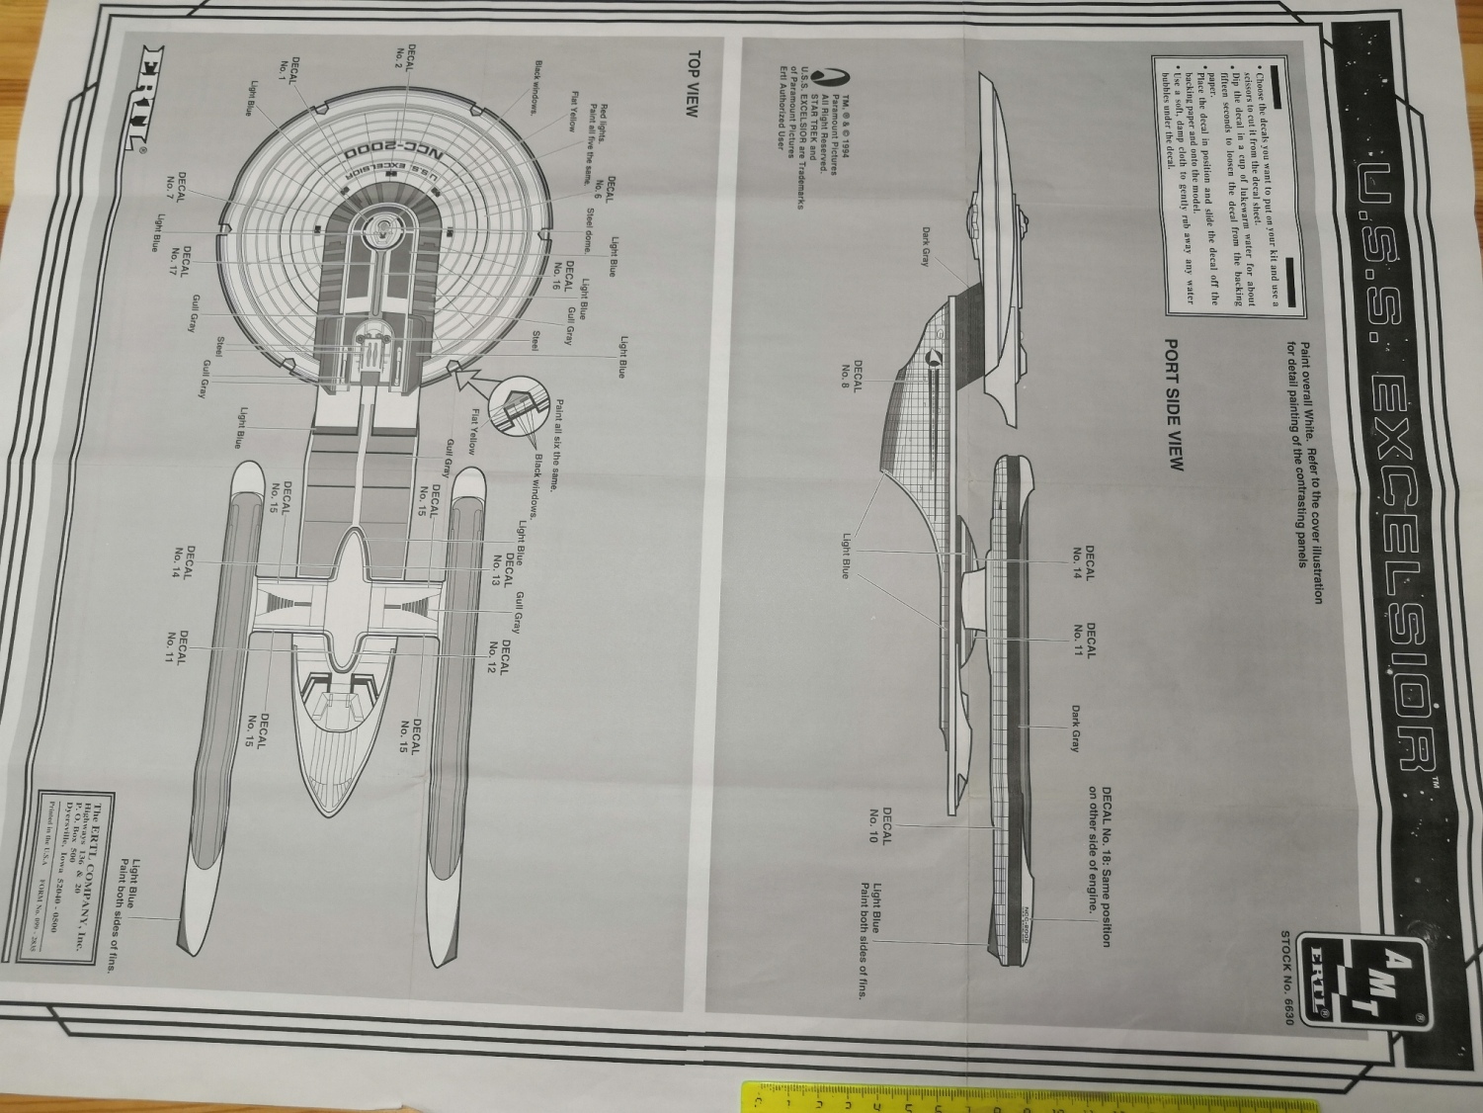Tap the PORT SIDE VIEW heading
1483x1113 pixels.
point(1174,405)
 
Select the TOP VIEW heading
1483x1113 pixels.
point(694,84)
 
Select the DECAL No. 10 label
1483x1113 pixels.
point(880,825)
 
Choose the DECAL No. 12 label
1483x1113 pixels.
point(498,656)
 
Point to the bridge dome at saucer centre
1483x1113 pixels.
point(379,228)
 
